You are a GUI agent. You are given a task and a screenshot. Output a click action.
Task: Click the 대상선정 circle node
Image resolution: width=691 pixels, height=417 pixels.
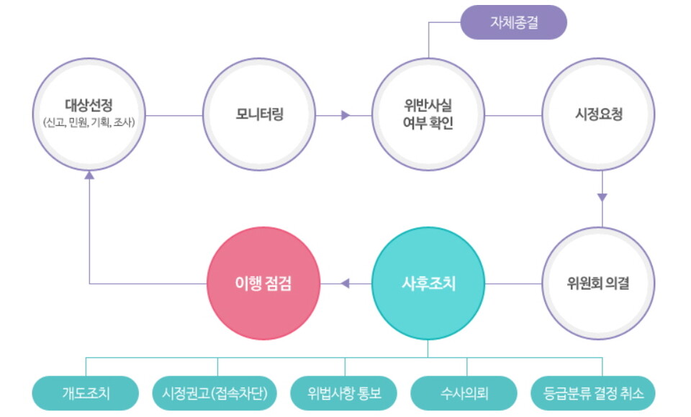pyautogui.click(x=89, y=115)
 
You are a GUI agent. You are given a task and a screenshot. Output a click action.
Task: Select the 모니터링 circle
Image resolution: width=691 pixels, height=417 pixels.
pyautogui.click(x=259, y=115)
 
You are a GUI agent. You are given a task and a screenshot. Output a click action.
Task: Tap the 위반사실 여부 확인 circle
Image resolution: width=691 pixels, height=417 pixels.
pyautogui.click(x=428, y=115)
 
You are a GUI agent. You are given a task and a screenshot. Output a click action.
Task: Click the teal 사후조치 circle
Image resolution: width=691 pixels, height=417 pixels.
pyautogui.click(x=428, y=283)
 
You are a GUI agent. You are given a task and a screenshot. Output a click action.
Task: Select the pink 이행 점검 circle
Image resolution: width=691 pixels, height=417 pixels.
pyautogui.click(x=262, y=283)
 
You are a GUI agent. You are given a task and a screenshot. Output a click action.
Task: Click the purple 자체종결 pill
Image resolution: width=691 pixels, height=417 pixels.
pyautogui.click(x=513, y=22)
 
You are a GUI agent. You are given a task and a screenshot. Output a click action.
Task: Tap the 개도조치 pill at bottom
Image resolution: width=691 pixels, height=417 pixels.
pyautogui.click(x=85, y=393)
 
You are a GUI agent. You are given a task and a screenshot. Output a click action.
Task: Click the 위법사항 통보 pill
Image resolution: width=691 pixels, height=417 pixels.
pyautogui.click(x=344, y=393)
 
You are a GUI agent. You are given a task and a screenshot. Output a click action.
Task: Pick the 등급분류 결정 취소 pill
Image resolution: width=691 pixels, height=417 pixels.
pyautogui.click(x=593, y=393)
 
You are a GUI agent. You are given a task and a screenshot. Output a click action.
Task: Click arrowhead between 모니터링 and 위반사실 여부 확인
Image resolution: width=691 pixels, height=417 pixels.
pyautogui.click(x=345, y=115)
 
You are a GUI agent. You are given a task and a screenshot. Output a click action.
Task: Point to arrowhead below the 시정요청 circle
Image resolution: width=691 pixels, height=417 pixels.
pyautogui.click(x=602, y=196)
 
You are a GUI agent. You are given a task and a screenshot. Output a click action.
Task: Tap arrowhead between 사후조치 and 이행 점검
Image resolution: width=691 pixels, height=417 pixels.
pyautogui.click(x=345, y=283)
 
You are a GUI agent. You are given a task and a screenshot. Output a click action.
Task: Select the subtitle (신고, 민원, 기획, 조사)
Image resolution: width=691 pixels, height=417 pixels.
pyautogui.click(x=89, y=123)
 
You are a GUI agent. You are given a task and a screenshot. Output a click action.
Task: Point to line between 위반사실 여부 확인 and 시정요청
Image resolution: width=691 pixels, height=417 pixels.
pyautogui.click(x=513, y=115)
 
